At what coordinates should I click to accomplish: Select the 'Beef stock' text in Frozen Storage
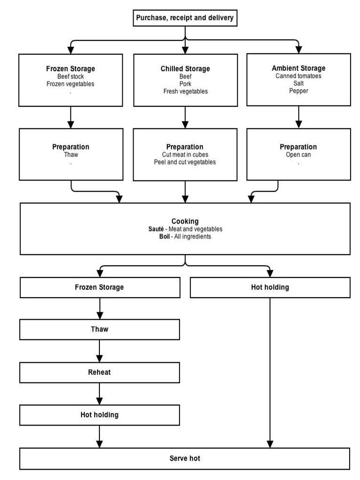[x=71, y=76]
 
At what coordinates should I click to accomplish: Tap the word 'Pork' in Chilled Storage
[x=185, y=84]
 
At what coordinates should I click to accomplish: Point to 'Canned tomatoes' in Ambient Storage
[x=298, y=76]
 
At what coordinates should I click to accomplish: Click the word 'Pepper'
[x=298, y=91]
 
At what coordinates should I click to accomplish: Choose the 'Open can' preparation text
[x=298, y=155]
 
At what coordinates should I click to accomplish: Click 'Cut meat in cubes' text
[x=185, y=155]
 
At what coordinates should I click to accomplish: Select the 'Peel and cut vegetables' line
[x=185, y=162]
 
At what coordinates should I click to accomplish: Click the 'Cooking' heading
[x=185, y=221]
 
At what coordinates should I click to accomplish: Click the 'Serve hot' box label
[x=185, y=458]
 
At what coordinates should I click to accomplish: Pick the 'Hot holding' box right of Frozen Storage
[x=270, y=287]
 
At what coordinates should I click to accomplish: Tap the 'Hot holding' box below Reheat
[x=99, y=415]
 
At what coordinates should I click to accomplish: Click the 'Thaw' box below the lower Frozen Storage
[x=99, y=329]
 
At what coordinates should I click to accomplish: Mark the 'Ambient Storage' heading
[x=298, y=68]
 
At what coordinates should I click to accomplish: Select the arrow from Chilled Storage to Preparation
[x=186, y=117]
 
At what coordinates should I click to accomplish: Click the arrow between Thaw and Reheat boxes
[x=99, y=351]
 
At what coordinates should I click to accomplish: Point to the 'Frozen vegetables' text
[x=71, y=83]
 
